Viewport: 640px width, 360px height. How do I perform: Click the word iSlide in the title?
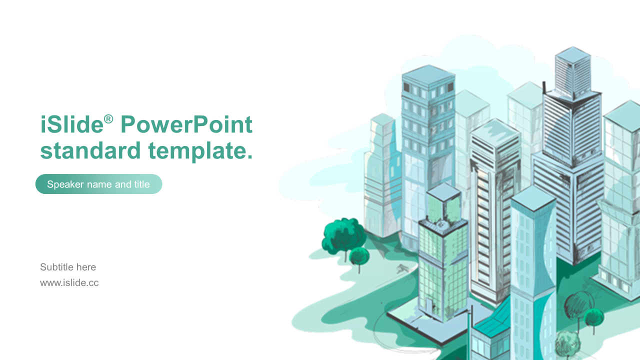click(71, 124)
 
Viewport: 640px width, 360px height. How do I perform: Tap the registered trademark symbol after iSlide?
click(108, 119)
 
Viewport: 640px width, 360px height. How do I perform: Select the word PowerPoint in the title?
click(186, 124)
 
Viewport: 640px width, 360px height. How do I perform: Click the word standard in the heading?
click(90, 150)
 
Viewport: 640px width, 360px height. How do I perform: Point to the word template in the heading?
click(197, 151)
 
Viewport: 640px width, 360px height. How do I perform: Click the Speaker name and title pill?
click(99, 184)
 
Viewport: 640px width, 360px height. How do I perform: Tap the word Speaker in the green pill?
click(65, 184)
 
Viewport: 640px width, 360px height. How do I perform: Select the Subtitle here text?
click(68, 267)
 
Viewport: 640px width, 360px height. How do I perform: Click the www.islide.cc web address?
click(69, 283)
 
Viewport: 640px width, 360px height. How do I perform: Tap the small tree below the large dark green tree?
click(359, 257)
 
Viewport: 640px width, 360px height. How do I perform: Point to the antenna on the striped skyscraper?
click(544, 87)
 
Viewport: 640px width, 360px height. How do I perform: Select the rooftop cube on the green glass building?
click(444, 203)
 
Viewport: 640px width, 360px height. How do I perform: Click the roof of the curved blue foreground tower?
click(533, 198)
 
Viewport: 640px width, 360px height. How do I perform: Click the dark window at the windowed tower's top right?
click(450, 86)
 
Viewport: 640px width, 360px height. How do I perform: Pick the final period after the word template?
click(249, 156)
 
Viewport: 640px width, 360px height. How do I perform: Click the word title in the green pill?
click(142, 184)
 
